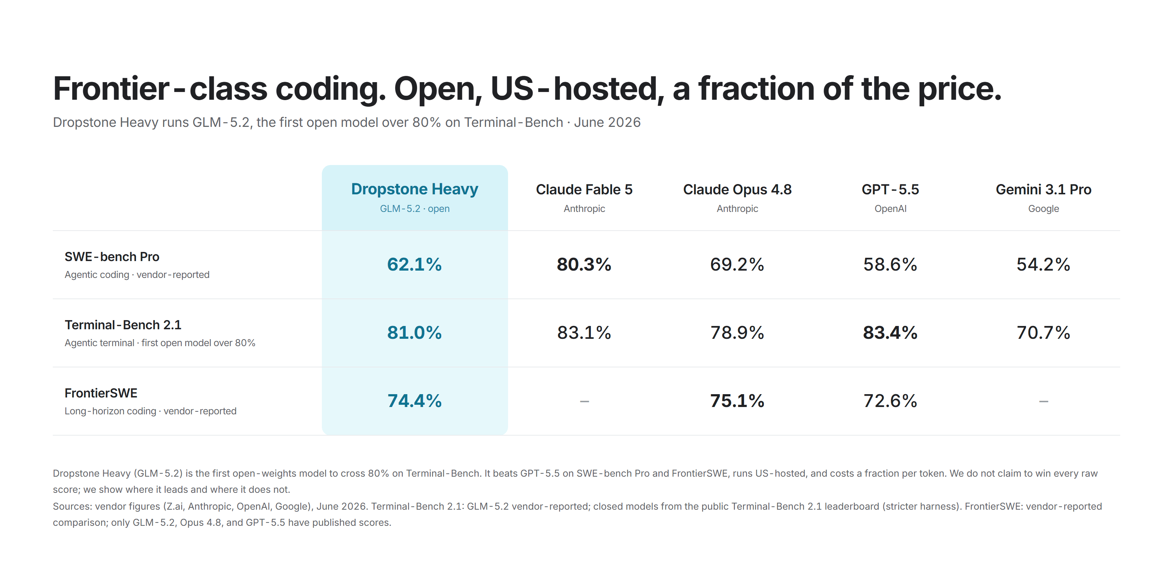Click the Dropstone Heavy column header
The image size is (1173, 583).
(x=414, y=189)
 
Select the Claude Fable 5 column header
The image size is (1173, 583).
(x=584, y=190)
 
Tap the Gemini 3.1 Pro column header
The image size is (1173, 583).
(x=1043, y=190)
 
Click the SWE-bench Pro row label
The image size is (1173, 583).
(x=112, y=257)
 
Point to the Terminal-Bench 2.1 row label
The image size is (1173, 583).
(x=123, y=325)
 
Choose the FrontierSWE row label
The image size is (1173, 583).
(x=101, y=393)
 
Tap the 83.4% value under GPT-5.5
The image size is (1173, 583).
(x=890, y=333)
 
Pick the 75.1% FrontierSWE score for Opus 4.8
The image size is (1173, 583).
(x=737, y=401)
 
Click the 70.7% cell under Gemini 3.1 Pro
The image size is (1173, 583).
(x=1043, y=333)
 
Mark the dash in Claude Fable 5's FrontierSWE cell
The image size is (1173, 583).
(x=584, y=401)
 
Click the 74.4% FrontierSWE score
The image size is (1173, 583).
(x=414, y=401)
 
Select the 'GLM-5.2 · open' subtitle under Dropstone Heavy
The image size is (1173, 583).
(x=414, y=209)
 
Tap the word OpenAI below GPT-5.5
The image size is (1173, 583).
(x=890, y=209)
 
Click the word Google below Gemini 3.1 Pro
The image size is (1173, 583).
(x=1043, y=209)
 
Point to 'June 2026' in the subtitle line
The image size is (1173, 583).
(x=607, y=122)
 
